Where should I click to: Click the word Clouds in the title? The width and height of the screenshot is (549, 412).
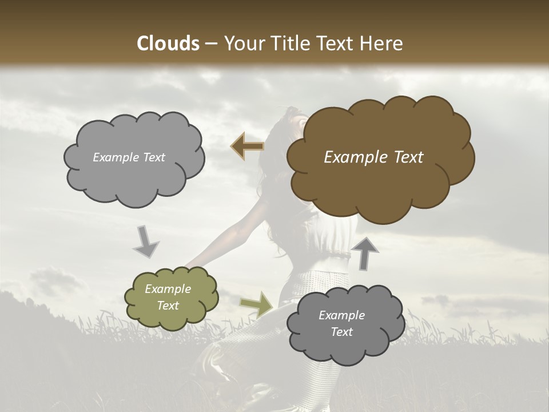(168, 43)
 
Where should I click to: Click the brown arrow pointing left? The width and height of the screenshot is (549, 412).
(247, 146)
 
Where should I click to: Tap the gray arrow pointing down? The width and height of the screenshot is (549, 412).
(146, 241)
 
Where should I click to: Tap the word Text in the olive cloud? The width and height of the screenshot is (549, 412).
(168, 306)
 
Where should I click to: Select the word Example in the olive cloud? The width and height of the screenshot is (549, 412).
(168, 289)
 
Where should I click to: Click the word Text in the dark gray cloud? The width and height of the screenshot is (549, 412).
(341, 332)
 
